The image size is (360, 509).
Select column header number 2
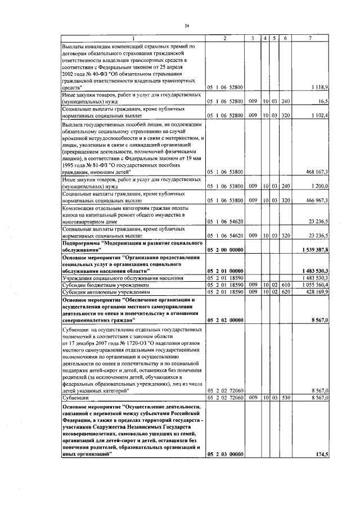click(224, 38)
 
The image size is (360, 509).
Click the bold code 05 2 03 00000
click(224, 454)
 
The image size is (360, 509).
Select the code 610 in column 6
click(285, 285)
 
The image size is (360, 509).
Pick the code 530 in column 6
click(285, 397)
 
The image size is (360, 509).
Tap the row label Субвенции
click(76, 397)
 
